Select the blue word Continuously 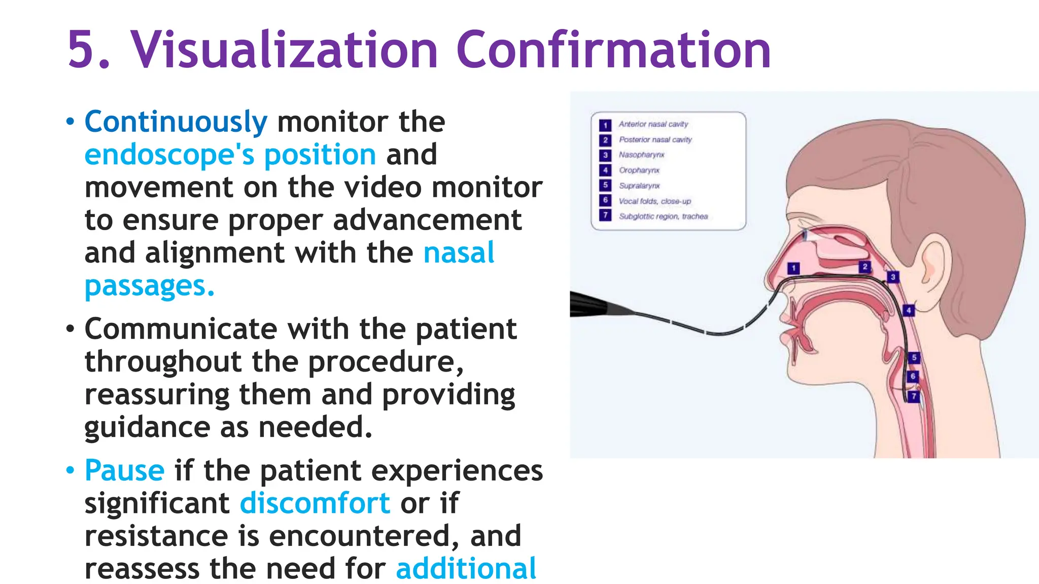pos(176,122)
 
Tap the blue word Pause pos(124,470)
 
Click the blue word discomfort pos(315,503)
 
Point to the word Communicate pos(181,330)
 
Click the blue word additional pos(466,568)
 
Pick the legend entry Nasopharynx pos(641,155)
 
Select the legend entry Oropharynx pos(639,170)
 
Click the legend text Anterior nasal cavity pos(653,124)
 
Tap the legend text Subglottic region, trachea pos(663,216)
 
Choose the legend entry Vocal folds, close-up pos(654,201)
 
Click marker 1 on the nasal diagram pos(793,268)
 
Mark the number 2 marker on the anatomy pos(865,267)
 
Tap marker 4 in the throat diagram pos(909,310)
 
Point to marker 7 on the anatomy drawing pos(914,396)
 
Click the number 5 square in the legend pos(605,186)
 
